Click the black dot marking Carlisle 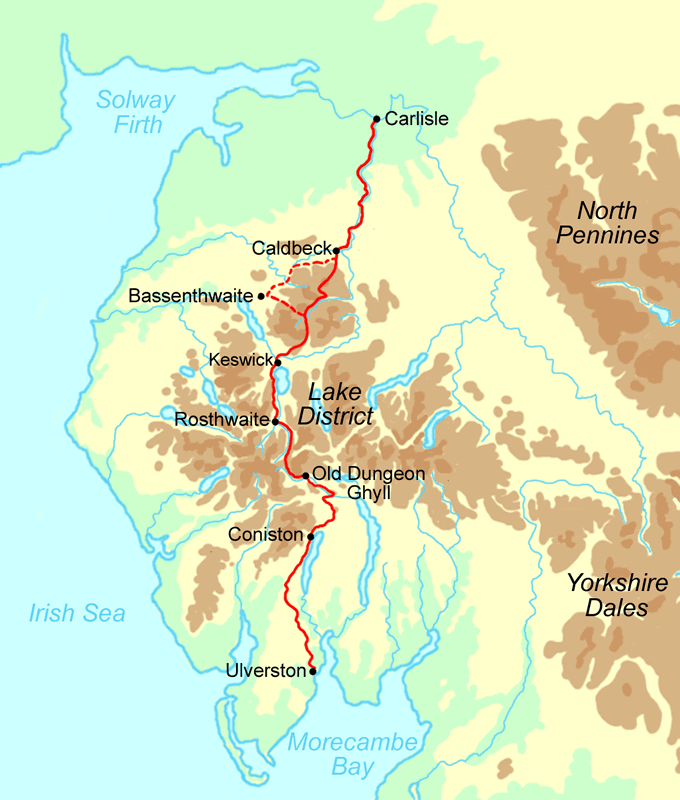point(376,119)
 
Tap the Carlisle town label point(417,120)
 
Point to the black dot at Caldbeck point(337,250)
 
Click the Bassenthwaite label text point(191,296)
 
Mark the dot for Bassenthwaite point(261,296)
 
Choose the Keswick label point(238,358)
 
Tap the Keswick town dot point(277,359)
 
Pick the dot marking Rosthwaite point(275,422)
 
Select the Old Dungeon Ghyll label point(369,483)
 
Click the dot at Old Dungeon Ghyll point(305,476)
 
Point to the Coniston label point(264,535)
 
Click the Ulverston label point(266,671)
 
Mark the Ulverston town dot point(313,671)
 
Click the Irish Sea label point(77,613)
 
